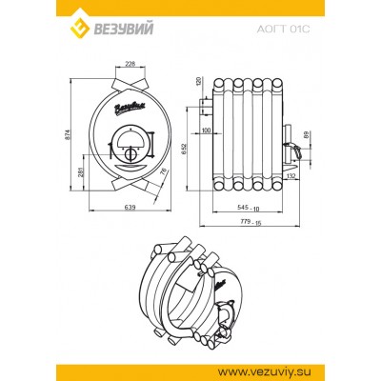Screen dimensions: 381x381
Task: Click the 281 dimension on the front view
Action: (80, 170)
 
